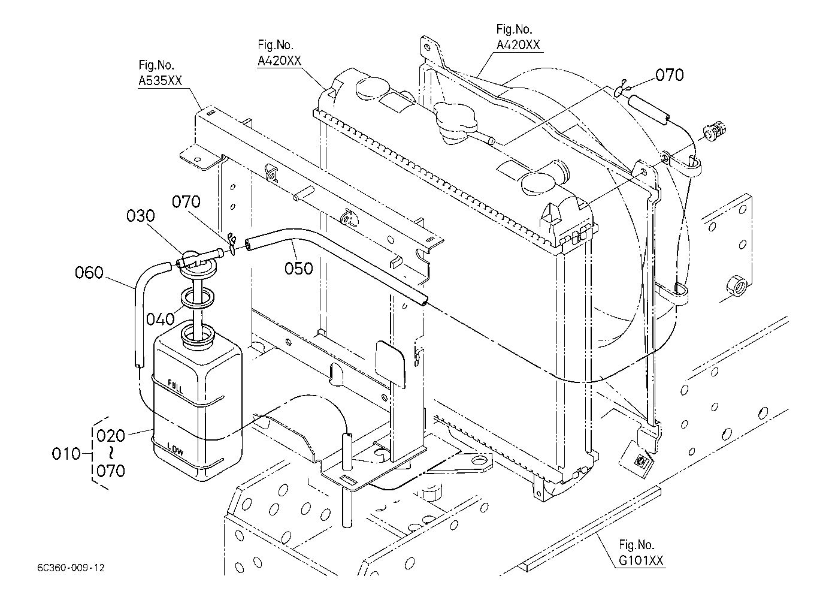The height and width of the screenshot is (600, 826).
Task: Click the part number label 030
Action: click(141, 216)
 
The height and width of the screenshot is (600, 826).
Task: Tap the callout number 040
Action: click(161, 319)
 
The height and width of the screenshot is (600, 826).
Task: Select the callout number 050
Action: click(299, 269)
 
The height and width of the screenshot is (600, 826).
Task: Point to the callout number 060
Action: click(89, 273)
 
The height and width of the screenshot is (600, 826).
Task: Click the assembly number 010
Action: click(66, 454)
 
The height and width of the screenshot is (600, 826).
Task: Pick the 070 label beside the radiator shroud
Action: click(670, 75)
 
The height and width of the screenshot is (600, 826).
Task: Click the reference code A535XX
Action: click(161, 80)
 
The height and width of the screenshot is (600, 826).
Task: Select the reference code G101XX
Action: click(641, 560)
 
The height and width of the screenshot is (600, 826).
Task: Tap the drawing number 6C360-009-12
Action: click(71, 568)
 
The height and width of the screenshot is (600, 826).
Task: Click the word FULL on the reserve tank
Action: click(176, 386)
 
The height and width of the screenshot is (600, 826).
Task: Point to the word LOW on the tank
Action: click(176, 449)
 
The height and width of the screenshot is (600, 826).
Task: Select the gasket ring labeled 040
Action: click(197, 298)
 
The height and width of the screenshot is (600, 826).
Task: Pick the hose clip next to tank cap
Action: click(231, 244)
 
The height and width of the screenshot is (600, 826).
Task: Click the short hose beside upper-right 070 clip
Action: click(648, 110)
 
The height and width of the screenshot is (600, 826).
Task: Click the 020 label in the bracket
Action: click(111, 436)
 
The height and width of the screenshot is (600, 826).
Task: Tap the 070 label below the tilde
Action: click(111, 471)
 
